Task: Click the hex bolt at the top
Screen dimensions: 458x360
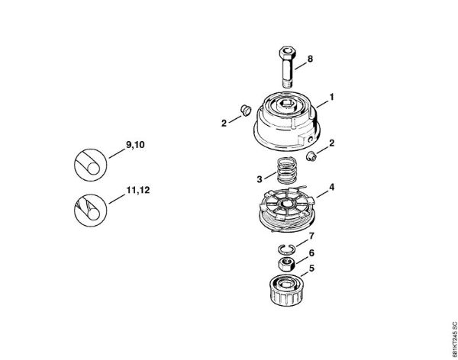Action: pyautogui.click(x=289, y=66)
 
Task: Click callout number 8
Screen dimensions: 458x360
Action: pyautogui.click(x=310, y=59)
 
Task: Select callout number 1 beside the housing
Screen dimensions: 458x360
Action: pyautogui.click(x=331, y=97)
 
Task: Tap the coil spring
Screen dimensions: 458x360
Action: pyautogui.click(x=286, y=171)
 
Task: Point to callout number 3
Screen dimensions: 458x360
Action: pyautogui.click(x=260, y=179)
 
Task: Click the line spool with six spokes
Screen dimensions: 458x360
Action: pyautogui.click(x=287, y=209)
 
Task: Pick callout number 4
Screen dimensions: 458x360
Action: pyautogui.click(x=331, y=187)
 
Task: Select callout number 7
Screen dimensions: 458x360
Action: pyautogui.click(x=311, y=236)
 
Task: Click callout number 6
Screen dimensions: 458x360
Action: pyautogui.click(x=311, y=253)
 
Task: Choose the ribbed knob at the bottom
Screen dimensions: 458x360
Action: pyautogui.click(x=285, y=291)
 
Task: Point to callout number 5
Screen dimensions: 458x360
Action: pyautogui.click(x=311, y=268)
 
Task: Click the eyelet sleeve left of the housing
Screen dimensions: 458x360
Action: pyautogui.click(x=246, y=110)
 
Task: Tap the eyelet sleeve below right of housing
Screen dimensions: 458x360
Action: pyautogui.click(x=311, y=156)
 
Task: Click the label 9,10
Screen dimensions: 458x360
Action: pyautogui.click(x=135, y=145)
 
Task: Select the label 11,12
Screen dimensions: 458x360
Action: pyautogui.click(x=138, y=191)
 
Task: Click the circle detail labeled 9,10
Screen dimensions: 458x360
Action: pyautogui.click(x=90, y=165)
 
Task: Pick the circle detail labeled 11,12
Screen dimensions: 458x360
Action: pyautogui.click(x=90, y=211)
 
